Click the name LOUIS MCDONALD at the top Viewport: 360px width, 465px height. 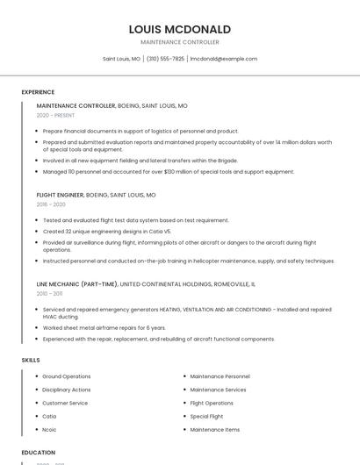[179, 29]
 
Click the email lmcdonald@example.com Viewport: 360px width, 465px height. [224, 59]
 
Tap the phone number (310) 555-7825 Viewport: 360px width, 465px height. [165, 59]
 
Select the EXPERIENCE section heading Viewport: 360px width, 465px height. [38, 92]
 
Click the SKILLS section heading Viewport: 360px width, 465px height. [31, 360]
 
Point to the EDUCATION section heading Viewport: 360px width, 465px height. [39, 453]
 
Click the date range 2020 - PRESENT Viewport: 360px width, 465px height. [55, 115]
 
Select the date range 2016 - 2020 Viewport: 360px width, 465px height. [51, 204]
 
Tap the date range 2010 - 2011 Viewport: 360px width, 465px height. [49, 294]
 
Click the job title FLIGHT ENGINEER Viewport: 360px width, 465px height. [60, 195]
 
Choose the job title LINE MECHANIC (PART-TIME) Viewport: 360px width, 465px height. [76, 284]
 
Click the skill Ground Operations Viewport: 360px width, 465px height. [67, 376]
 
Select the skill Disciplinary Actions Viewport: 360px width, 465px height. [67, 390]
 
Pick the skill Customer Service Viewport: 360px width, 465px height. [65, 403]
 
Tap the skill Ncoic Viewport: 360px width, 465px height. [50, 430]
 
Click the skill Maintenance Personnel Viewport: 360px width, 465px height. [220, 376]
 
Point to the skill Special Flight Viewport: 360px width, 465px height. [207, 417]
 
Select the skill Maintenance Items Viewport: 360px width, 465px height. [214, 430]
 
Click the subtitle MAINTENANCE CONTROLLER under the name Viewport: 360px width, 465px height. [179, 41]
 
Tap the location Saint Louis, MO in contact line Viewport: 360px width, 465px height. [121, 59]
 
